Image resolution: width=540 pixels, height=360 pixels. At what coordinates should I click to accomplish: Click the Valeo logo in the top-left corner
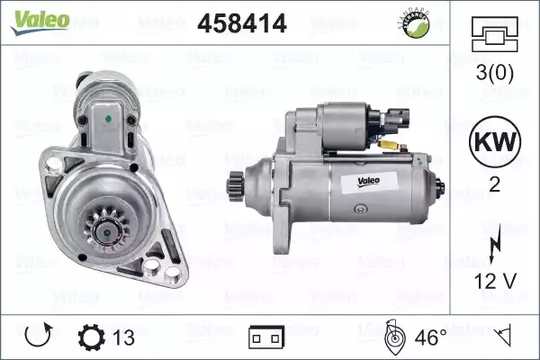coord(40,22)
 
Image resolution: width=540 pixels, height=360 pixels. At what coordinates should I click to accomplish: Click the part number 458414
coord(242,23)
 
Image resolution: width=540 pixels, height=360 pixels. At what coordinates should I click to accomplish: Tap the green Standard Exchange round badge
coord(416,24)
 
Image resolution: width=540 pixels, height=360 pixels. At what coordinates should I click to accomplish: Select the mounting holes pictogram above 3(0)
coord(494,34)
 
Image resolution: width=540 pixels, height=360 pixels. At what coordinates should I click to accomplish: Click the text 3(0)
coord(494,73)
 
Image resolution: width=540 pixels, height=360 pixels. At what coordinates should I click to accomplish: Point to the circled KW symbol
coord(495,141)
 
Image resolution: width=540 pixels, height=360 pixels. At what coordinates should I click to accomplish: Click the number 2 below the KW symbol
coord(494,184)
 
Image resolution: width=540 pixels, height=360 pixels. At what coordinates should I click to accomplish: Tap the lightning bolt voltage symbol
coord(495,244)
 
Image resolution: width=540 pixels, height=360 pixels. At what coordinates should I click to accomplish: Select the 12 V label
coord(496,282)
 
